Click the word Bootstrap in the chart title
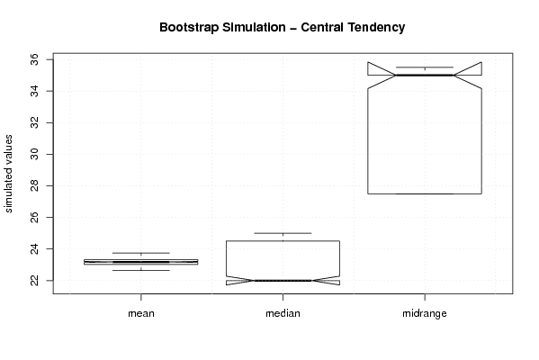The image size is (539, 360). point(188,28)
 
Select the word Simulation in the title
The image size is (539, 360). point(254,27)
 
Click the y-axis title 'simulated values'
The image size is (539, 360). point(8,174)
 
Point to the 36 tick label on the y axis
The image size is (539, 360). point(35,59)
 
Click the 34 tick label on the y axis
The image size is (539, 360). point(35,91)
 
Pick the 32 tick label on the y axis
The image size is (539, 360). point(35,122)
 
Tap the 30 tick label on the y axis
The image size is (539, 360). point(35,155)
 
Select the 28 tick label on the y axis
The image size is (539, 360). point(35,185)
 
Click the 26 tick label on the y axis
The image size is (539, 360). point(35,217)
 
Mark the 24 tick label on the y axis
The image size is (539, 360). point(35,248)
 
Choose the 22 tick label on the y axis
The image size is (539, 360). point(35,280)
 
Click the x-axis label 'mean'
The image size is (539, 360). point(141,313)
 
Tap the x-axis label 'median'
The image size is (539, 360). point(283,313)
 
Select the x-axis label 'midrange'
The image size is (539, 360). point(425,313)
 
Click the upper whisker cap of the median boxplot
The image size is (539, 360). point(283,233)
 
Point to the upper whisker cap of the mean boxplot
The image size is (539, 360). point(141,253)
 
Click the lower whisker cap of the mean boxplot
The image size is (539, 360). point(141,270)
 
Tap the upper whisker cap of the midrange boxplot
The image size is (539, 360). point(425,67)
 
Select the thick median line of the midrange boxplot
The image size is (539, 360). point(425,75)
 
